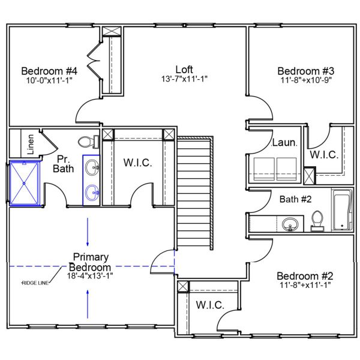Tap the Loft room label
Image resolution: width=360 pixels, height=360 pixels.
point(184,69)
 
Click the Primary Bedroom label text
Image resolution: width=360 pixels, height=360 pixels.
point(90,262)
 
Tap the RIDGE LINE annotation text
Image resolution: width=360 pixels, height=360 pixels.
point(35,283)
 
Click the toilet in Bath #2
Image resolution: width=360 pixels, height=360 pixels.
point(318,220)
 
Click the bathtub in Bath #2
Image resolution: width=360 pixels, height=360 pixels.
point(341,210)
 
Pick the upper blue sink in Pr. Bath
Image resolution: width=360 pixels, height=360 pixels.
point(92,167)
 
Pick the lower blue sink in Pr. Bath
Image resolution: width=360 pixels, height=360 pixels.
point(92,192)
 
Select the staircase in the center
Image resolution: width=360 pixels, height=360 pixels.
point(194,192)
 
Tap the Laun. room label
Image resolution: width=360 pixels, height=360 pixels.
point(284,143)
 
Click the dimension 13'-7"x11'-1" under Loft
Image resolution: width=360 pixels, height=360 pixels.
point(184,79)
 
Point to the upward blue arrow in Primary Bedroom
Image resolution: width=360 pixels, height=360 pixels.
point(88,304)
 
